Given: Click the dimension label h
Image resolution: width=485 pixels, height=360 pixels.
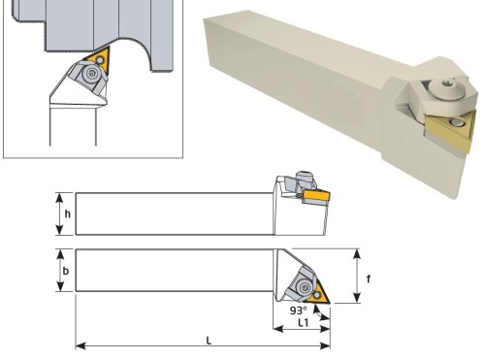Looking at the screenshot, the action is tap(67, 213).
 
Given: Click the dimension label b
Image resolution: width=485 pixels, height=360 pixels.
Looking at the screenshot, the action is tap(66, 271).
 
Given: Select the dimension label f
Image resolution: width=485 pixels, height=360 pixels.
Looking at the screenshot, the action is tap(369, 278).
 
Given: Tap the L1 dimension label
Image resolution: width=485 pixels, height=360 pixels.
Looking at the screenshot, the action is tap(303, 322).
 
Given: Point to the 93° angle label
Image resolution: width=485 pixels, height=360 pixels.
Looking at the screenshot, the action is tap(298, 311).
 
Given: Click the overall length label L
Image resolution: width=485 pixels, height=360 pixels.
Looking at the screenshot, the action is tap(209, 341).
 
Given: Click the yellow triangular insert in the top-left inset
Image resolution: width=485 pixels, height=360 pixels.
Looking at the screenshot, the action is tap(98, 59).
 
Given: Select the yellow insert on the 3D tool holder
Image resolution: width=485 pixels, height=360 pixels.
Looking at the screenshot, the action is tap(451, 133).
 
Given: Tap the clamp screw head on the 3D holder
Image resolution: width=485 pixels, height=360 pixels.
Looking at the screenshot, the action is tap(447, 86).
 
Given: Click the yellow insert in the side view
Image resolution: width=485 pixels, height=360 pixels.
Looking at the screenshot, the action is tap(316, 196).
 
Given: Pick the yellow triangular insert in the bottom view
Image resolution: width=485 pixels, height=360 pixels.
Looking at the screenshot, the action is tap(318, 294).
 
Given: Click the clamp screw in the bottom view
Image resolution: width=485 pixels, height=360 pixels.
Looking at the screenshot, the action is tap(305, 287).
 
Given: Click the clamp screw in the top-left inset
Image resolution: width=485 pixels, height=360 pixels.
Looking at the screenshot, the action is tap(91, 74).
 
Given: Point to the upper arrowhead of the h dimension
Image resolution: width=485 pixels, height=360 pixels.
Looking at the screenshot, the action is tap(59, 197).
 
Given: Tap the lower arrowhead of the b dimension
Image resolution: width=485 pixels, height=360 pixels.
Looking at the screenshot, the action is tap(60, 286).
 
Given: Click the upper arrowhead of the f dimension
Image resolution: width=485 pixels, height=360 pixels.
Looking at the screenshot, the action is tap(357, 254).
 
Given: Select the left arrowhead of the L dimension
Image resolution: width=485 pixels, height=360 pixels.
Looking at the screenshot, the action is tap(81, 345).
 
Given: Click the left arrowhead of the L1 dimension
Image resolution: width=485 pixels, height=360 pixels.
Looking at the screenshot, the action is tap(278, 329).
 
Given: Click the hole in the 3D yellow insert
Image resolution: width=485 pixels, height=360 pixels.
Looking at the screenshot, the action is tap(456, 122).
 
